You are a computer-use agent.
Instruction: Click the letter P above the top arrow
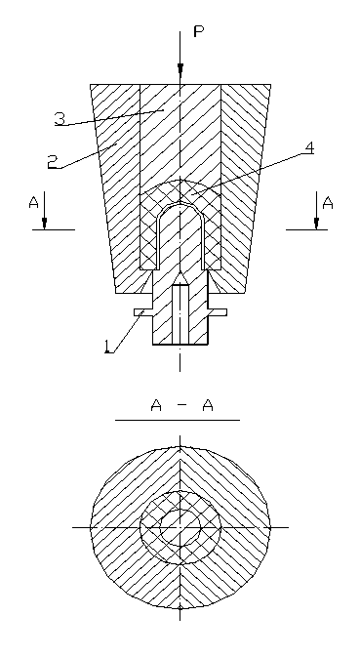[x=199, y=31]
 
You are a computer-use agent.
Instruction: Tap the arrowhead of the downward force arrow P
[x=180, y=70]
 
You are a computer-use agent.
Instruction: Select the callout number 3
[x=60, y=118]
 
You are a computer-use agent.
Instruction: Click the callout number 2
[x=53, y=162]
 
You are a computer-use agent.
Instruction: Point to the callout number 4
[x=309, y=148]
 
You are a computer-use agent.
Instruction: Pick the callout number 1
[x=109, y=347]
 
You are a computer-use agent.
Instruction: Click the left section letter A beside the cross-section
[x=33, y=202]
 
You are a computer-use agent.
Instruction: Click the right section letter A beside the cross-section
[x=328, y=203]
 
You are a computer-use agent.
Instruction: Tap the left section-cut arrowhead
[x=44, y=223]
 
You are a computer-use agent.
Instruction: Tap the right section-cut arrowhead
[x=316, y=223]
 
